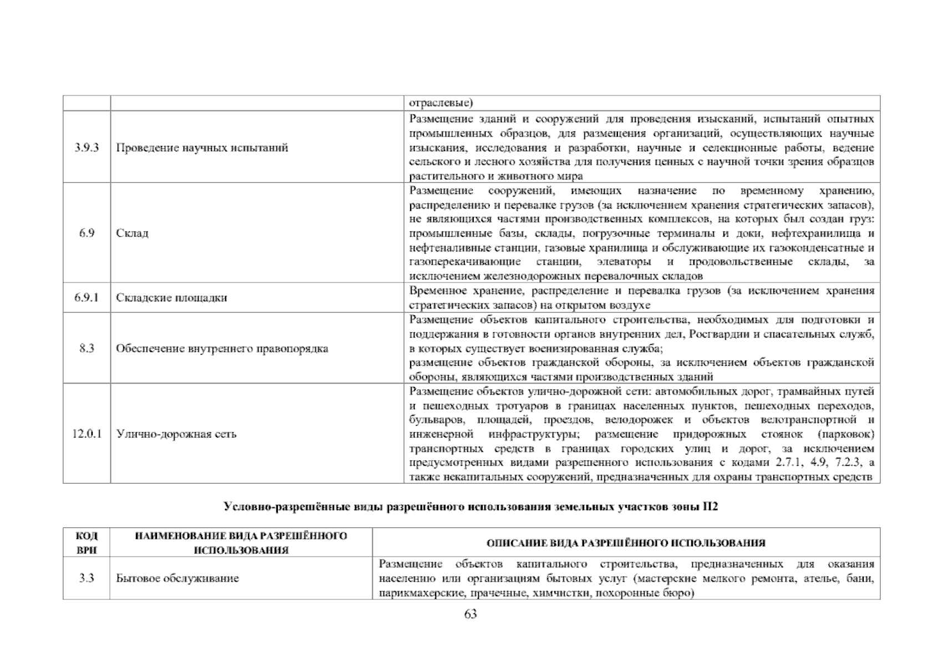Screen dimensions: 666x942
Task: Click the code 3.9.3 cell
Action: [87, 148]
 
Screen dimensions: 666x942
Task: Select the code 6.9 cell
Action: [87, 233]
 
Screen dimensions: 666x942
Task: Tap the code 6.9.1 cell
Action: [87, 298]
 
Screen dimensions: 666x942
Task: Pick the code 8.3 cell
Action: [87, 349]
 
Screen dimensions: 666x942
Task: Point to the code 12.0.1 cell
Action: [87, 434]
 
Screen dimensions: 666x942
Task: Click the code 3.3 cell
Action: [87, 578]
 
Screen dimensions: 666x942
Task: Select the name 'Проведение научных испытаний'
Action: [202, 148]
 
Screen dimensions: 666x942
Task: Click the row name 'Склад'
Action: [132, 233]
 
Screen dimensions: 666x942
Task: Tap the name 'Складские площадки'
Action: [171, 298]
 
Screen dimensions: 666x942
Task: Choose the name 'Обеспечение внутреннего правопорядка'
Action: [222, 349]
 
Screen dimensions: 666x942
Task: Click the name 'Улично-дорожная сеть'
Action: [176, 434]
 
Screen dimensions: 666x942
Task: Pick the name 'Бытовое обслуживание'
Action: [178, 578]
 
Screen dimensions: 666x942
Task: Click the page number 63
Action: [470, 614]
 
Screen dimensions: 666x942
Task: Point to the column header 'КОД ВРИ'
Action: [87, 543]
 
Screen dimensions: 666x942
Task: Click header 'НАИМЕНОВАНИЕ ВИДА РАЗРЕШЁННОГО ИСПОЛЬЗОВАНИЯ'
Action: [241, 543]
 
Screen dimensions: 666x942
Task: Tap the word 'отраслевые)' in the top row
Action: [440, 103]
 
